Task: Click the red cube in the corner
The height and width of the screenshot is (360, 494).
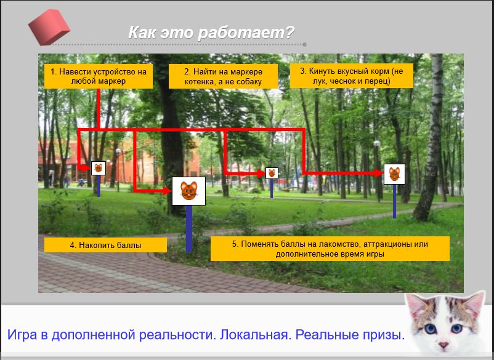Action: pyautogui.click(x=49, y=27)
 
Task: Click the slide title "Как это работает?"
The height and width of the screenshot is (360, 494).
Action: pyautogui.click(x=211, y=33)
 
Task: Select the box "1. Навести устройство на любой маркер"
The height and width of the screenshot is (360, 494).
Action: pyautogui.click(x=99, y=76)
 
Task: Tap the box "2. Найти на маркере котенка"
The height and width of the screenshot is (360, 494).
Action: pyautogui.click(x=223, y=76)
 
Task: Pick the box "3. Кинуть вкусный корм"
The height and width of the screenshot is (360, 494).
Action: pyautogui.click(x=351, y=76)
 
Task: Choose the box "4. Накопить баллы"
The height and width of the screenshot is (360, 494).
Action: pyautogui.click(x=105, y=245)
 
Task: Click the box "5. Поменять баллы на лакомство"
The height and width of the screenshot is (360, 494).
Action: pyautogui.click(x=330, y=249)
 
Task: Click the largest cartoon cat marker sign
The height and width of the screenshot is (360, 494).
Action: pyautogui.click(x=188, y=191)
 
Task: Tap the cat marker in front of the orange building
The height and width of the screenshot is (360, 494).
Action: pyautogui.click(x=99, y=169)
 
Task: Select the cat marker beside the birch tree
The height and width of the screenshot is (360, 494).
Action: pyautogui.click(x=394, y=174)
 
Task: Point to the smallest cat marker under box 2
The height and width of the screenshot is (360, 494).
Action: pyautogui.click(x=272, y=173)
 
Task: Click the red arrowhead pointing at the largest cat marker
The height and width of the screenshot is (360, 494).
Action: pyautogui.click(x=167, y=191)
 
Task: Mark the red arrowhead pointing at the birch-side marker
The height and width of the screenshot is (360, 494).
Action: pyautogui.click(x=379, y=173)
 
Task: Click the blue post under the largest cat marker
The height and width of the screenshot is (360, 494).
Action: pyautogui.click(x=189, y=229)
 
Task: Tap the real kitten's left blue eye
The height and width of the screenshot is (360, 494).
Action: pyautogui.click(x=430, y=329)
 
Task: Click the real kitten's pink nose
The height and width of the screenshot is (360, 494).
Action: pyautogui.click(x=443, y=345)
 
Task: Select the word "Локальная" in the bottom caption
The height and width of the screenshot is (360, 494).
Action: pyautogui.click(x=254, y=335)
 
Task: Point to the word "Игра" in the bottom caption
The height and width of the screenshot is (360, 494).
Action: pyautogui.click(x=22, y=335)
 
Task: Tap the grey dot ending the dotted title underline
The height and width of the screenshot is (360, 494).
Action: pyautogui.click(x=304, y=45)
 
